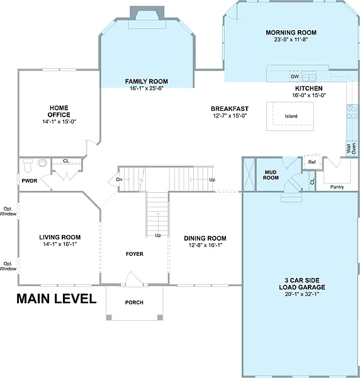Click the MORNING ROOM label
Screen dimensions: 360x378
[x=291, y=33]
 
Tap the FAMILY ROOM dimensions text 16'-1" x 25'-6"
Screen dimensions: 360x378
[x=147, y=88]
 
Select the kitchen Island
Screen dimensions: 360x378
[x=290, y=116]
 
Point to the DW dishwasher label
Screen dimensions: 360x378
[x=295, y=77]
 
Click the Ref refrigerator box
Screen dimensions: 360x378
[x=312, y=162]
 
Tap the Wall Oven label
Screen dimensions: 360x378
[x=351, y=149]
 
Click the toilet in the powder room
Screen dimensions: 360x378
[x=28, y=165]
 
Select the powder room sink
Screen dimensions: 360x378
[x=42, y=163]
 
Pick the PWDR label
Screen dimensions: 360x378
[x=30, y=181]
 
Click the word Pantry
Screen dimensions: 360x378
[x=337, y=187]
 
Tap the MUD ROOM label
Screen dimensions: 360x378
[x=271, y=175]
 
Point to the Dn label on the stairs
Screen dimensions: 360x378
[x=119, y=180]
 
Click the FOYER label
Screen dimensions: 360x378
[x=134, y=254]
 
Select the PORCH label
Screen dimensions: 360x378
[x=134, y=302]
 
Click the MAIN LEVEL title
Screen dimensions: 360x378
[x=57, y=299]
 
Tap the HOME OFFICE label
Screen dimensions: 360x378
[x=59, y=111]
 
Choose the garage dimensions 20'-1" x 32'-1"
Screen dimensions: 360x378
[x=302, y=294]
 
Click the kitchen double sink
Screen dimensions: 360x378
[x=309, y=77]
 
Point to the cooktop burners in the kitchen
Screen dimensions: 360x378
[x=352, y=112]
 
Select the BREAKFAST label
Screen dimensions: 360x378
[x=230, y=109]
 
